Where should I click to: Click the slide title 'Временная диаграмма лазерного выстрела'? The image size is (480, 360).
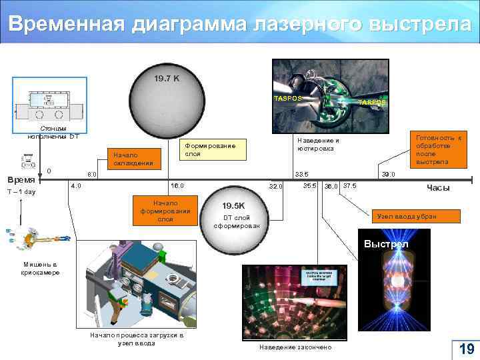click(x=239, y=23)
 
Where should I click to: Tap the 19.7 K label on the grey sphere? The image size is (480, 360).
click(x=166, y=79)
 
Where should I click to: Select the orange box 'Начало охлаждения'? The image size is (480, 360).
click(x=133, y=159)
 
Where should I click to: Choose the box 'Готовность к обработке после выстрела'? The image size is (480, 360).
click(x=438, y=149)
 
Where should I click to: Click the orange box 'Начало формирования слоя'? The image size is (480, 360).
click(x=165, y=209)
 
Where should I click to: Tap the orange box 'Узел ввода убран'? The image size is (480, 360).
click(x=415, y=216)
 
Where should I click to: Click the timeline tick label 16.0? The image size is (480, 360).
click(x=178, y=185)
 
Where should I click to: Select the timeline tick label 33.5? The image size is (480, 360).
click(x=302, y=174)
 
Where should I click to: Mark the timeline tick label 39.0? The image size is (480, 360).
click(x=389, y=174)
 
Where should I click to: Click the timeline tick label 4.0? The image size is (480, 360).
click(x=76, y=185)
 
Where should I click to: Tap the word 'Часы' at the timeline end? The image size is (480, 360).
click(x=438, y=188)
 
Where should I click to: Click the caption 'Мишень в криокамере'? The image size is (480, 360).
click(x=39, y=269)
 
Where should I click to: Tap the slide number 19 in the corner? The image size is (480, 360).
click(x=466, y=349)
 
